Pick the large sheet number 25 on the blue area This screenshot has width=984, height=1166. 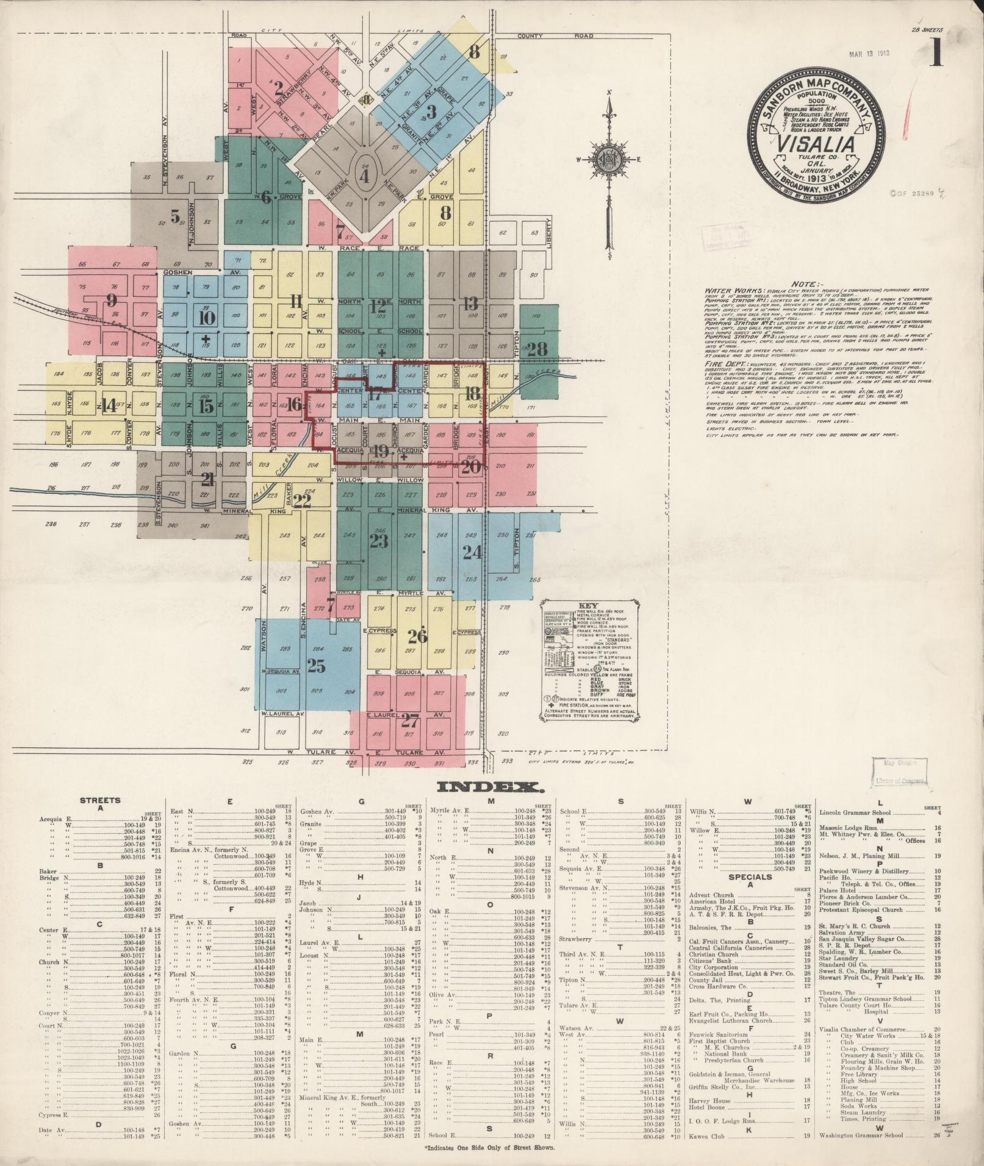315,666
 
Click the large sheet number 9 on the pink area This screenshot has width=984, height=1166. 111,300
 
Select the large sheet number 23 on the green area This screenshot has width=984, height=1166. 379,541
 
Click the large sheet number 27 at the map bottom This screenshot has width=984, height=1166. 409,720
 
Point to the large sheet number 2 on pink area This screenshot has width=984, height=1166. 279,89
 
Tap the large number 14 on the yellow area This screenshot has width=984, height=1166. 109,405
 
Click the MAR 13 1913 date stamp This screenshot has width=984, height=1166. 869,53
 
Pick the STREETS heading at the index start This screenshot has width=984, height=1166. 101,800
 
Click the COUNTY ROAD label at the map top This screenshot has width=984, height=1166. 555,36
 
